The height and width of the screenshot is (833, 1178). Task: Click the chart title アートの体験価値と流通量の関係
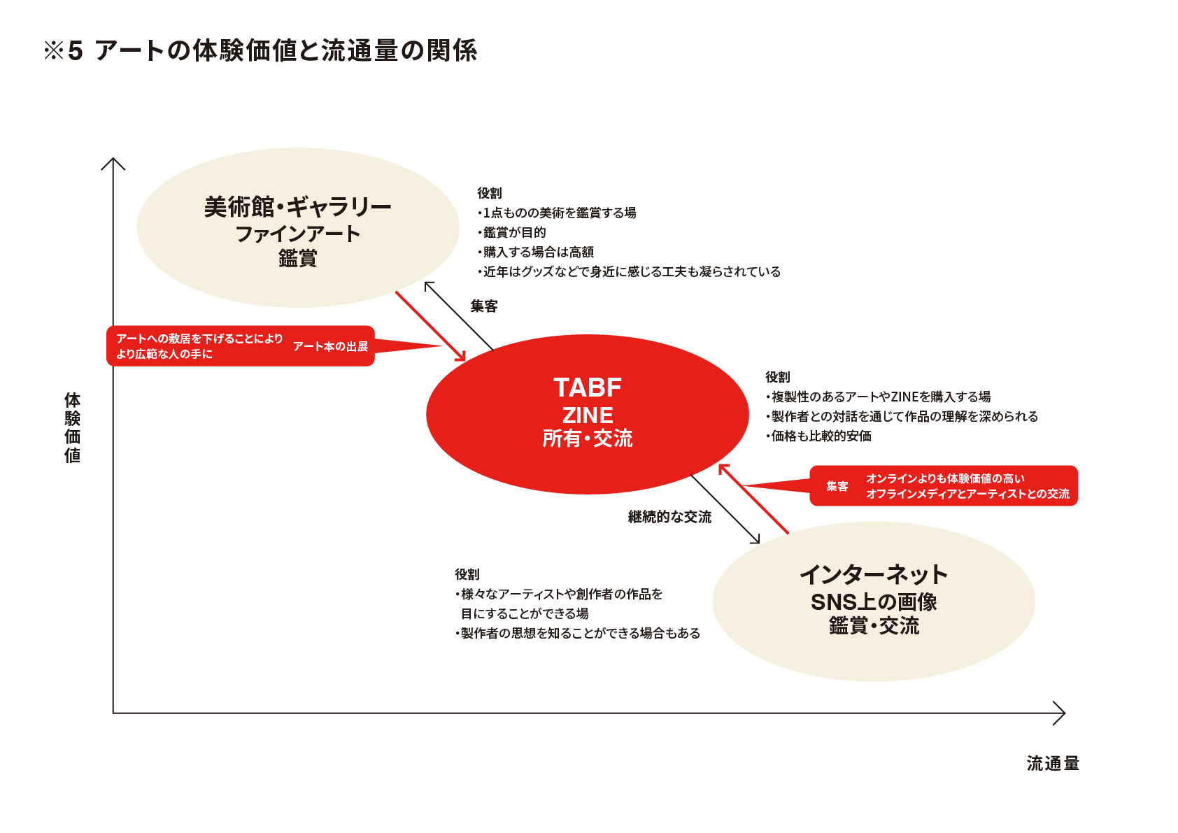(285, 51)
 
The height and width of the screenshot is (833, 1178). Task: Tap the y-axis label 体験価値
(73, 428)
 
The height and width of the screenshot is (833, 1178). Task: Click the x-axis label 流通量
(1053, 764)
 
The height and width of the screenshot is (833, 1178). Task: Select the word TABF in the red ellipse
(588, 387)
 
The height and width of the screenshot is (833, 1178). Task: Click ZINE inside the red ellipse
(588, 415)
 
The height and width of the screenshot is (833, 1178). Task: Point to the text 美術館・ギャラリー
(298, 207)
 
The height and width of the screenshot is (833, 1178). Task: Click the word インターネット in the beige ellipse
(874, 575)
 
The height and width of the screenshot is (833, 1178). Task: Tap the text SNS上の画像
(874, 602)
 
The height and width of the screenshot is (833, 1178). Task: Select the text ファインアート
(298, 234)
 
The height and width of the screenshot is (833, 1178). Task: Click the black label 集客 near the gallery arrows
(484, 306)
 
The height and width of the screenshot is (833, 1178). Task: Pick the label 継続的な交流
(669, 517)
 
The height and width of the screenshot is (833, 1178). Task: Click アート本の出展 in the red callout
(330, 346)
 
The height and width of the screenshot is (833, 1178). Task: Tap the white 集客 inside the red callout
(837, 486)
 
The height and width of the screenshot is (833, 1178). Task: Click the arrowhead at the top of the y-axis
(113, 163)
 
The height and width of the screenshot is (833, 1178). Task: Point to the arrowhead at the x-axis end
(1060, 713)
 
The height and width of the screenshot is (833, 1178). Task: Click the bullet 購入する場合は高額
(538, 252)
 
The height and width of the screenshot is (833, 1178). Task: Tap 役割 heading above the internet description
(467, 574)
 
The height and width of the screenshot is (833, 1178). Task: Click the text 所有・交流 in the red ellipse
(588, 439)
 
